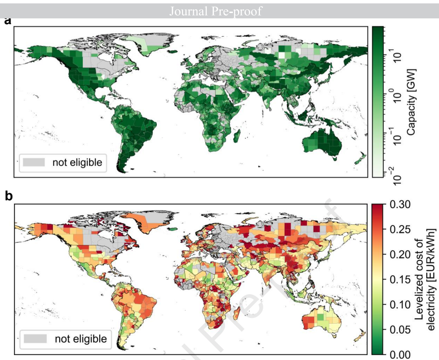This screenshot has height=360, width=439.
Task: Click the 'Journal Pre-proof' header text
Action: tap(215, 11)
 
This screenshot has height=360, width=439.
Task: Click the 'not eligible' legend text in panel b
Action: tap(80, 338)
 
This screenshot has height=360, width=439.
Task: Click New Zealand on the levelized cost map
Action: tap(359, 334)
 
